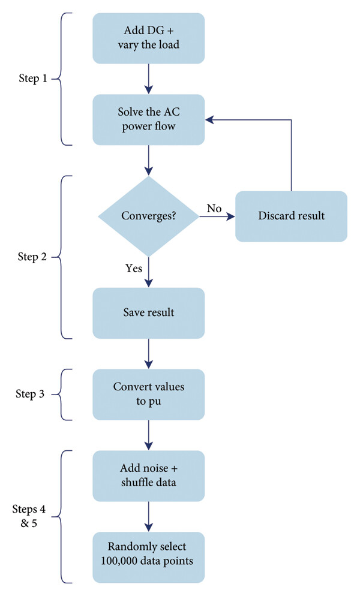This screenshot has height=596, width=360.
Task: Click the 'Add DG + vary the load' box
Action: pos(148,38)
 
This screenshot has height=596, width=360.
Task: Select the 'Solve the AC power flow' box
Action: pos(148,120)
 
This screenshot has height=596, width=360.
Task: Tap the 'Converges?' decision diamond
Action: pos(148,216)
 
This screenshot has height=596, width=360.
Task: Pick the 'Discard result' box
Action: pos(291,216)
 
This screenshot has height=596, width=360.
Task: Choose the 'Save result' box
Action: pos(148,313)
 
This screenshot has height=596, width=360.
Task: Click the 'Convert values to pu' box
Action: pos(148,395)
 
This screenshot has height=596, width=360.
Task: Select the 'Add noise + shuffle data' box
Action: pos(148,476)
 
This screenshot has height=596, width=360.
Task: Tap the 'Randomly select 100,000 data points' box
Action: pos(148,557)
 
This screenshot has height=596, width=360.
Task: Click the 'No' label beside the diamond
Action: pos(214,208)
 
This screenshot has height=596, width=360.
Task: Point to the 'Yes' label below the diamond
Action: pos(134,269)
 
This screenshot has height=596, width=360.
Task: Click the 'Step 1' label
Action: pos(33,79)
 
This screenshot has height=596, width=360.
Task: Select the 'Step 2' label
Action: pos(32,257)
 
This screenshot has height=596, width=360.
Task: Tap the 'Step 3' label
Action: pos(30,394)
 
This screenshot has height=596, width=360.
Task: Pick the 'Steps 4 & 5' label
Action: pos(29,516)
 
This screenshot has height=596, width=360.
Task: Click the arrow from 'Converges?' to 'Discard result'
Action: pos(217,216)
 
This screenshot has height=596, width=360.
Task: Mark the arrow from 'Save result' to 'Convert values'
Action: pos(148,354)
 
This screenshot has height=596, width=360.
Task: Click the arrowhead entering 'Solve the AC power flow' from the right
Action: pos(209,120)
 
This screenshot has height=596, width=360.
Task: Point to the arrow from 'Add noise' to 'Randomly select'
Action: pos(148,517)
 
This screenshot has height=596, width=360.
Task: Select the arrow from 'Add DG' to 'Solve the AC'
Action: pos(148,79)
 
